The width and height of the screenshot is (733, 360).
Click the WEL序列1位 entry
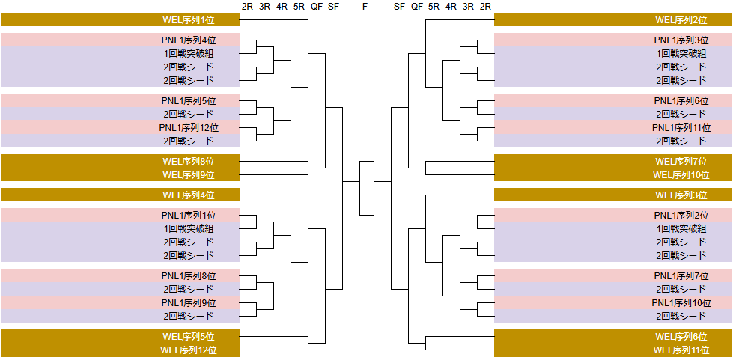188,20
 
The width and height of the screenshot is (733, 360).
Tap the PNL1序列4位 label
188,40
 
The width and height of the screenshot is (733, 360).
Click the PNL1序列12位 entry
188,128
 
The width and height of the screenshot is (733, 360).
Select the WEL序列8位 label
188,162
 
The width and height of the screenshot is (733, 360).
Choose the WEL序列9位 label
188,175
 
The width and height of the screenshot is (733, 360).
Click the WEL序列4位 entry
188,195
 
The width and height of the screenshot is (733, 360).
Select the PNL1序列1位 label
188,216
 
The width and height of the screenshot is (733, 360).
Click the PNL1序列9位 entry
188,303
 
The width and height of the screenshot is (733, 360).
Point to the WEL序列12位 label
188,350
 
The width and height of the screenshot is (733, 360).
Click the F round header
365,7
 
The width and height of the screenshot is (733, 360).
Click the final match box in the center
366,188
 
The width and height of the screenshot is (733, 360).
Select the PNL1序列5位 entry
188,101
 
